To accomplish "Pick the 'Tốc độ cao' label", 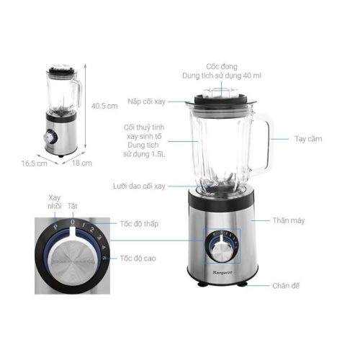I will tap(138, 258).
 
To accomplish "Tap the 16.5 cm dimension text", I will tap(34, 163).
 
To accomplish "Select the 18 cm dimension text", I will tap(84, 163).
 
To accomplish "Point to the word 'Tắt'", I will tap(73, 206).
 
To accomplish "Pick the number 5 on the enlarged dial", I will tap(105, 258).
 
